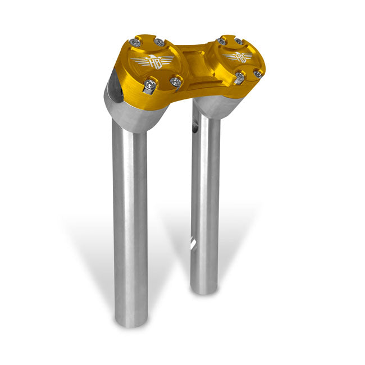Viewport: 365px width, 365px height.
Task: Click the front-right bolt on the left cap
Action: [x=176, y=82]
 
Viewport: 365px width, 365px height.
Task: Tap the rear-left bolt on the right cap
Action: [x=222, y=41]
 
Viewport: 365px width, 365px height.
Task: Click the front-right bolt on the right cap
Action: [x=257, y=73]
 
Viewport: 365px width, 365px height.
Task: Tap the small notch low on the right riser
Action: [x=194, y=243]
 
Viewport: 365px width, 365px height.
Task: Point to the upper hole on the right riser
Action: [x=197, y=119]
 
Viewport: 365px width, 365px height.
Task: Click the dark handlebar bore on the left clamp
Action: [x=116, y=84]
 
